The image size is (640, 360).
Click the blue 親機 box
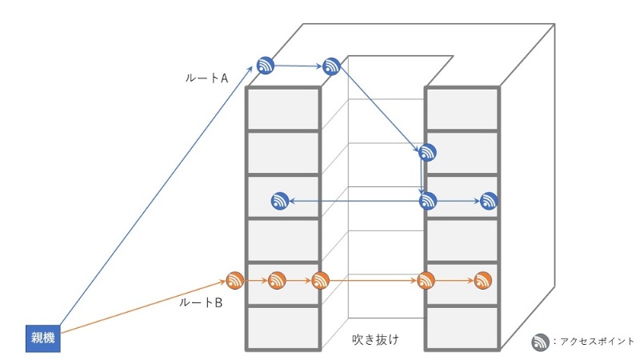coord(42,337)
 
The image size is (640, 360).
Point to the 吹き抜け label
coord(376,339)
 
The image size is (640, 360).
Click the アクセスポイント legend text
coord(593,341)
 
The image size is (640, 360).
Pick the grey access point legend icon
coord(541,342)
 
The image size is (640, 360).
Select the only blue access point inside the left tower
coord(280,201)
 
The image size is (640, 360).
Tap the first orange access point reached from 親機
coord(234,281)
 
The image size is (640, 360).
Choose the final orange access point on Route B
coord(482,281)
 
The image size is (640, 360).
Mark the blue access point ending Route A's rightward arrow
coord(489,201)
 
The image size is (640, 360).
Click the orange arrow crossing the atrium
coord(372,281)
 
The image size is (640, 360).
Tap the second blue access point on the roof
coord(331,66)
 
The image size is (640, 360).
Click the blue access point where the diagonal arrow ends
coord(428,152)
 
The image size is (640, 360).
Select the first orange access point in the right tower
coord(426,281)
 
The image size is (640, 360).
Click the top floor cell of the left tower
coord(282,108)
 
